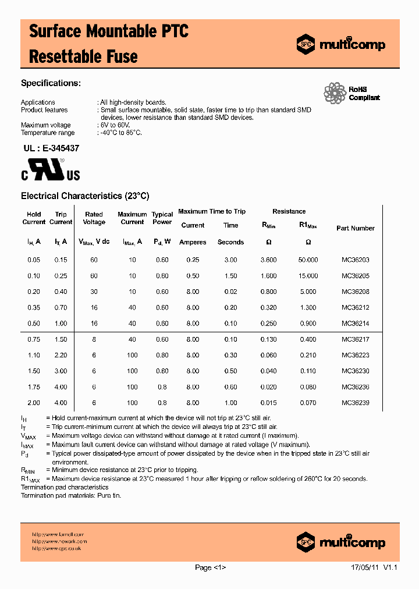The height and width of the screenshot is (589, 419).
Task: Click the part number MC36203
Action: click(355, 260)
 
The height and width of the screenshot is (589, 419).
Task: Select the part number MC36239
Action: click(355, 403)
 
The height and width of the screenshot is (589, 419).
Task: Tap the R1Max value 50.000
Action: click(308, 260)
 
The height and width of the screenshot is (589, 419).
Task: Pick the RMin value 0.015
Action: click(268, 403)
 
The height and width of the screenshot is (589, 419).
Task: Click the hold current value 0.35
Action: click(34, 307)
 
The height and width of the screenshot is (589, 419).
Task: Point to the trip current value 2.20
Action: click(61, 355)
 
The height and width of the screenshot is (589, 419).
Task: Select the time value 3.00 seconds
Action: click(230, 260)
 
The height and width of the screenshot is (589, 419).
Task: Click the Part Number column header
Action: click(355, 228)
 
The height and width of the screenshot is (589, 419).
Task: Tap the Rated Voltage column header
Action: click(94, 218)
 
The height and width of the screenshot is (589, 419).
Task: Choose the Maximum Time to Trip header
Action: click(212, 211)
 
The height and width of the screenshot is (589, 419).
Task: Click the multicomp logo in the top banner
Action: click(340, 44)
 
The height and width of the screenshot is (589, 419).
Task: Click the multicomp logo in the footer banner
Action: click(340, 542)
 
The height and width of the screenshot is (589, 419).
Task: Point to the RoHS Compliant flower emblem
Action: click(335, 93)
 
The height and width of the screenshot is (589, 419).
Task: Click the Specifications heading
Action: click(50, 83)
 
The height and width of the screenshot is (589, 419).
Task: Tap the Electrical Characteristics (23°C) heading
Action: click(85, 196)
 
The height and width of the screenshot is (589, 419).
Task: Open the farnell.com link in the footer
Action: click(58, 534)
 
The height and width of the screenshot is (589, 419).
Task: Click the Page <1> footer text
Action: click(210, 567)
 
